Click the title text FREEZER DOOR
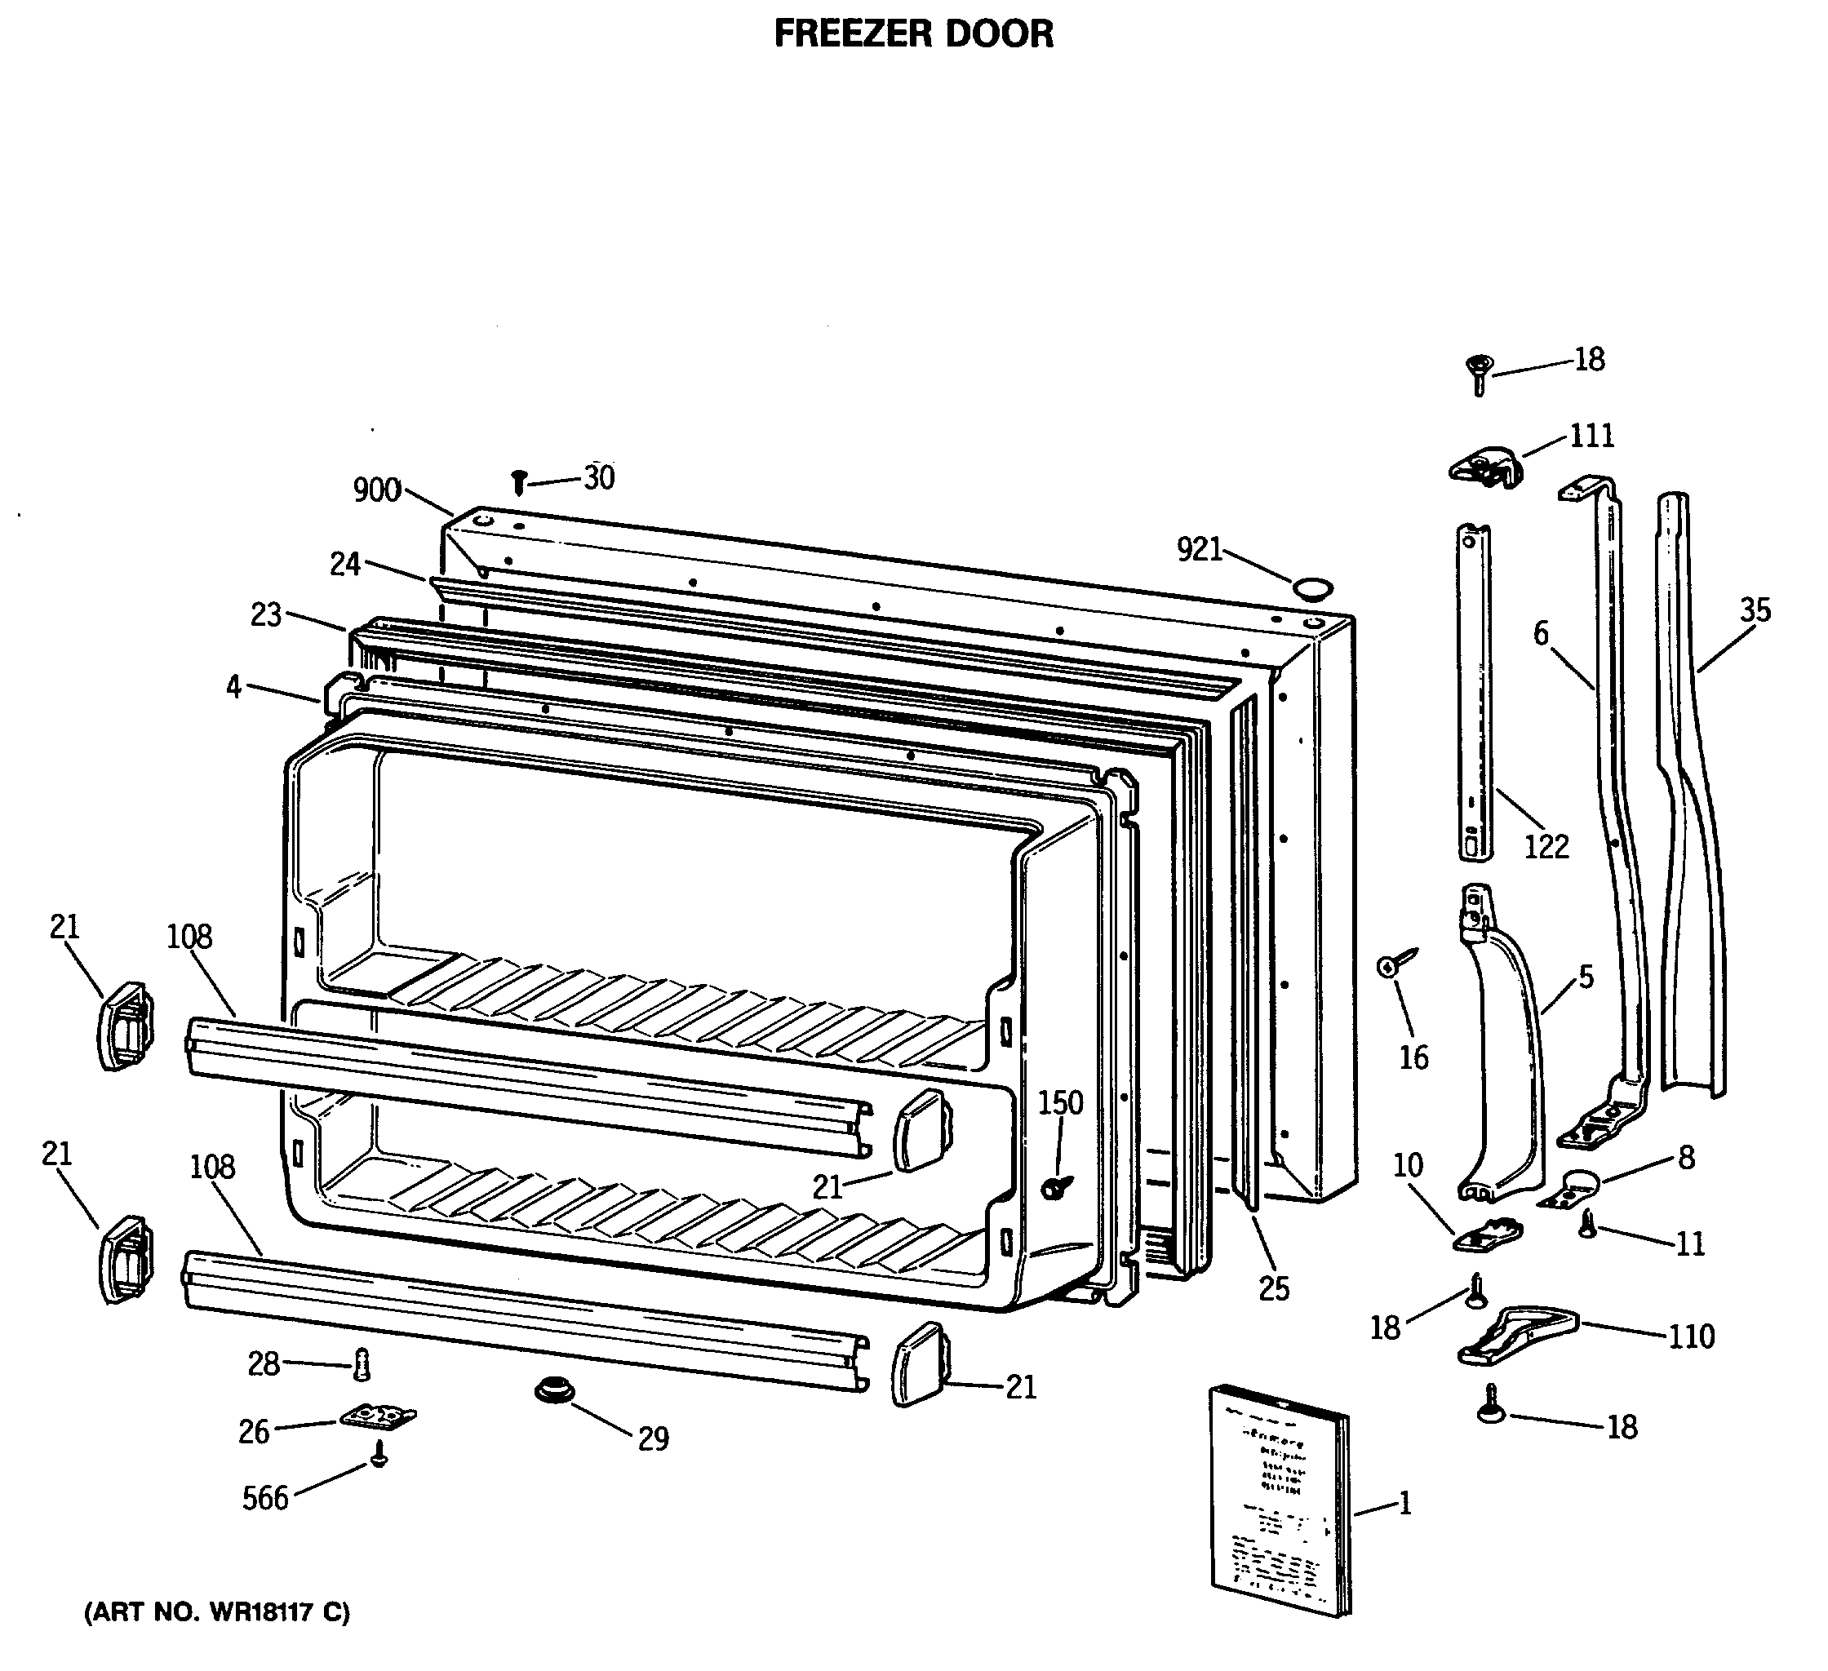pos(913,34)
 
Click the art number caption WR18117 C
pos(217,1612)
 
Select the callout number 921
pos(1199,549)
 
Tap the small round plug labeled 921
pos(1313,588)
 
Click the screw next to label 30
pos(520,481)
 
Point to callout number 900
pos(376,490)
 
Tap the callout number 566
pos(264,1498)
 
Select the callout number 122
pos(1546,847)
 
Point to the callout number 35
pos(1755,610)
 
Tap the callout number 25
pos(1273,1288)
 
